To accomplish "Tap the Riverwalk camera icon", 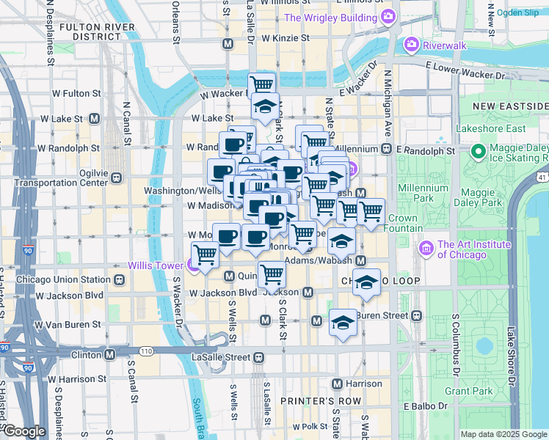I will (411, 45).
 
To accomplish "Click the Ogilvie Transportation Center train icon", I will (116, 177).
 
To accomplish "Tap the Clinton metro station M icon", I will (109, 355).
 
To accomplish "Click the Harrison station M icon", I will (337, 384).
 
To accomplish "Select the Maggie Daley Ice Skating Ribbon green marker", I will (479, 152).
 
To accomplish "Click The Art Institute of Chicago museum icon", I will (426, 249).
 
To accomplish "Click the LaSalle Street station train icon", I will (259, 357).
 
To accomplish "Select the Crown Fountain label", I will (402, 223).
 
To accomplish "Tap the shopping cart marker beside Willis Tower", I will (206, 255).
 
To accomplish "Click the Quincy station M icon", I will (228, 276).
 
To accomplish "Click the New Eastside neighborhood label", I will (510, 106).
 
